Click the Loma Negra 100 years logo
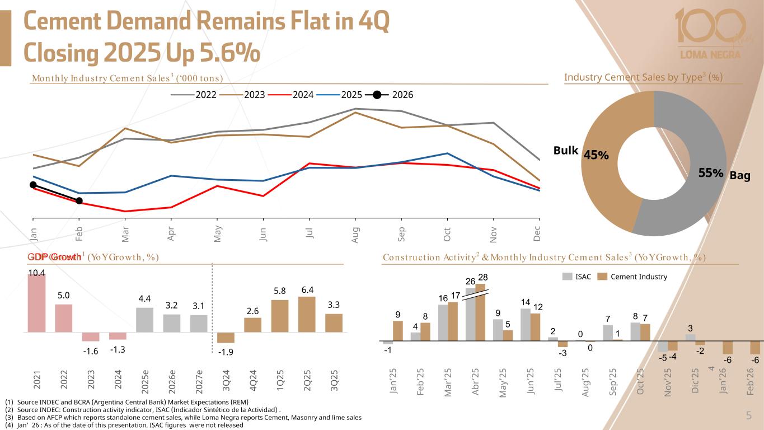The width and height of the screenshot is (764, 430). point(710,34)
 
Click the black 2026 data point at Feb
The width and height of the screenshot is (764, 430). point(79,201)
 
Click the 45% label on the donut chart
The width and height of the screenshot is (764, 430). point(596,155)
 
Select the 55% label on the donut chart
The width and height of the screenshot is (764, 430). point(711,174)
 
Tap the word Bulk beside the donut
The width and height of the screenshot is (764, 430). point(565,150)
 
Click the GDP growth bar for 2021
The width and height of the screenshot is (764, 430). point(37,303)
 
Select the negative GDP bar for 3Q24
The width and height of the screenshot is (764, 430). point(226,338)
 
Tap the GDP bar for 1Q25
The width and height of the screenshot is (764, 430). point(280,316)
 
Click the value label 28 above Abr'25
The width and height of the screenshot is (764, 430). point(482,277)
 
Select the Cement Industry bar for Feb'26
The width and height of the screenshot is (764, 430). point(754,347)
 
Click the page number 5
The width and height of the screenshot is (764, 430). point(748,415)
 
